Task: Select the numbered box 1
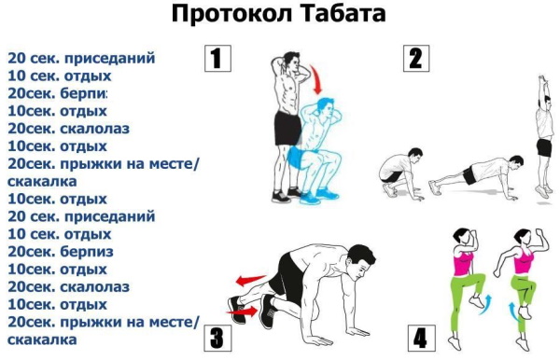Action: (x=217, y=60)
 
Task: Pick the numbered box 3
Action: (x=216, y=336)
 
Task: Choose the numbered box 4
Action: (x=422, y=337)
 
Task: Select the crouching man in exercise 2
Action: (x=398, y=170)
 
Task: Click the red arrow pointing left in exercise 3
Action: (x=248, y=278)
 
